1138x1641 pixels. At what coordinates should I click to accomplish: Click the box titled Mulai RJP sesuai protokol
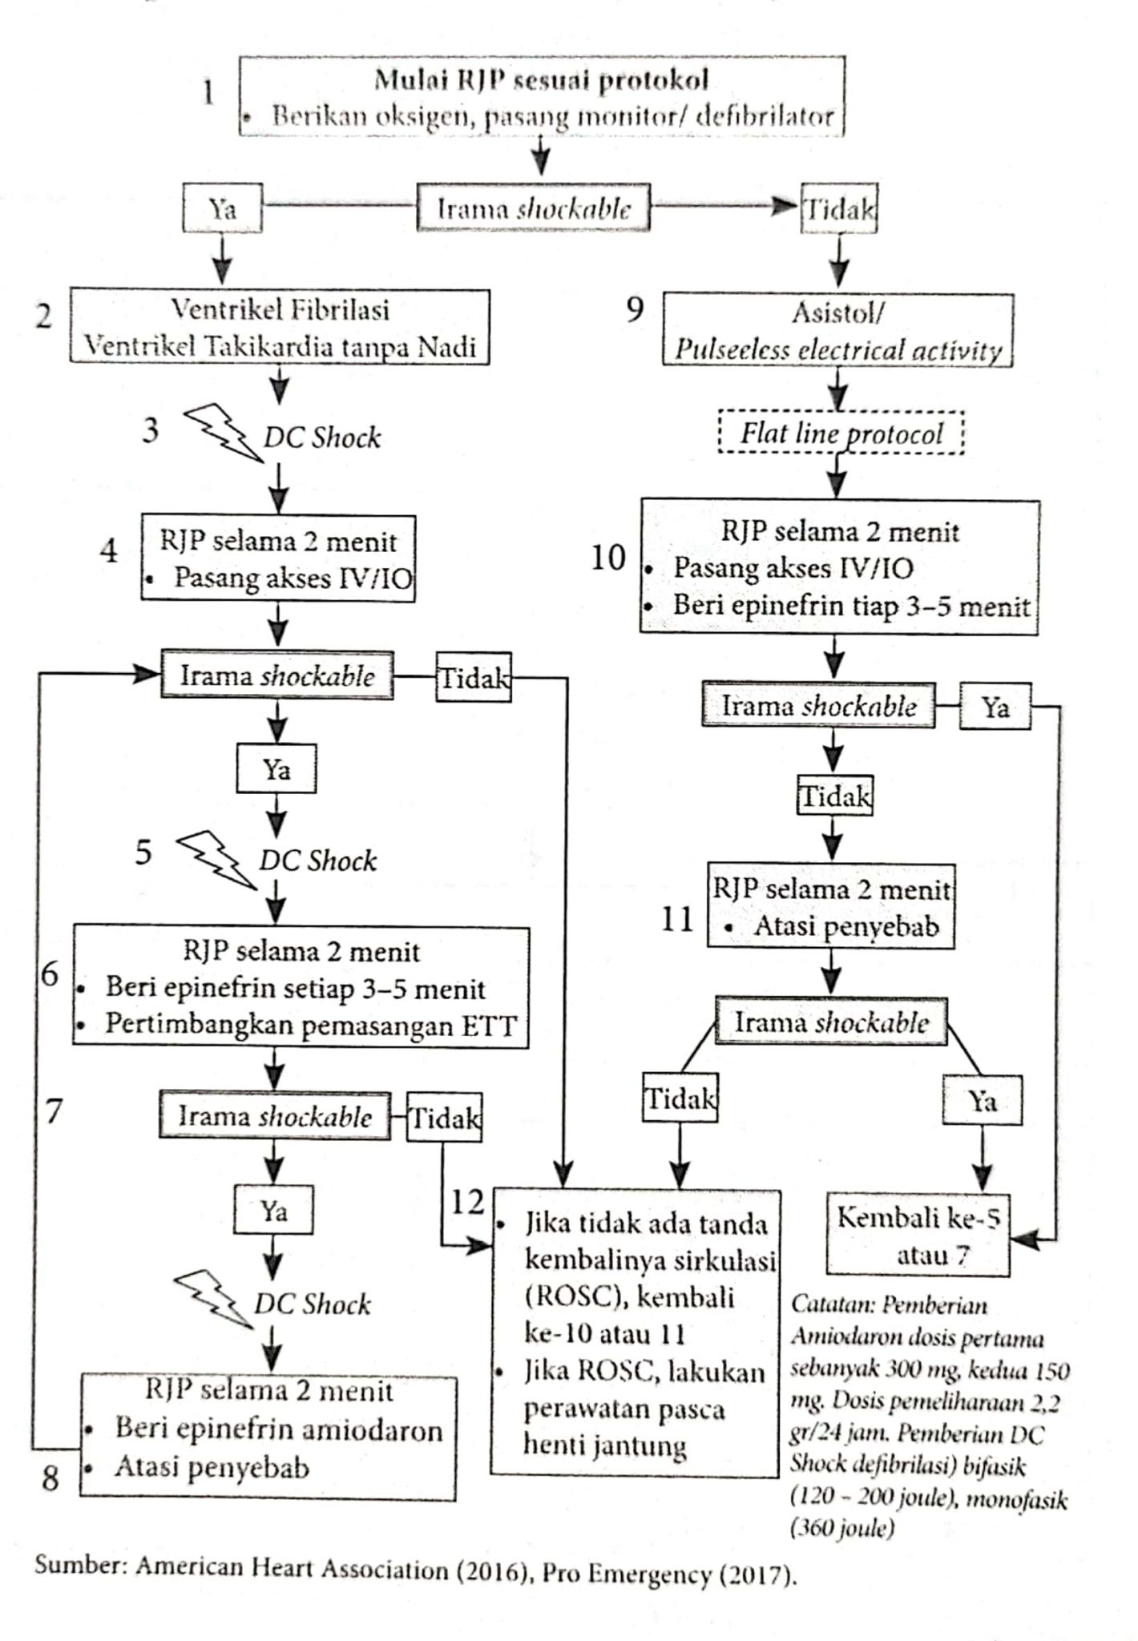coord(542,96)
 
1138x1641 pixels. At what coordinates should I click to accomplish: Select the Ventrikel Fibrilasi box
coord(280,327)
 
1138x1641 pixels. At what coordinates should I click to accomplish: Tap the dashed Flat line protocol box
coord(841,433)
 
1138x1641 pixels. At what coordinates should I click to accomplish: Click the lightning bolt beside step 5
coord(215,858)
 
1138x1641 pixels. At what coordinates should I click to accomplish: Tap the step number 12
coord(468,1201)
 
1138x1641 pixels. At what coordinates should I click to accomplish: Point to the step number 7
coord(54,1111)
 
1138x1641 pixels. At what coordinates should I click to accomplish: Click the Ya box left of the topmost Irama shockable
coord(222,209)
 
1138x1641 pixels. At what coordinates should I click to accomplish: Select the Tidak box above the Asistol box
coord(839,210)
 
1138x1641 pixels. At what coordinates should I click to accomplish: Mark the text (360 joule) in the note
coord(841,1528)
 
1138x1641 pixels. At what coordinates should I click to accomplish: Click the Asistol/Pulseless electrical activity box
coord(837,330)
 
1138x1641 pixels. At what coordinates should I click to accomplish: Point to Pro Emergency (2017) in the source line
coord(669,1574)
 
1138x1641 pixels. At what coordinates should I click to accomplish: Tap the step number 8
coord(50,1478)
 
